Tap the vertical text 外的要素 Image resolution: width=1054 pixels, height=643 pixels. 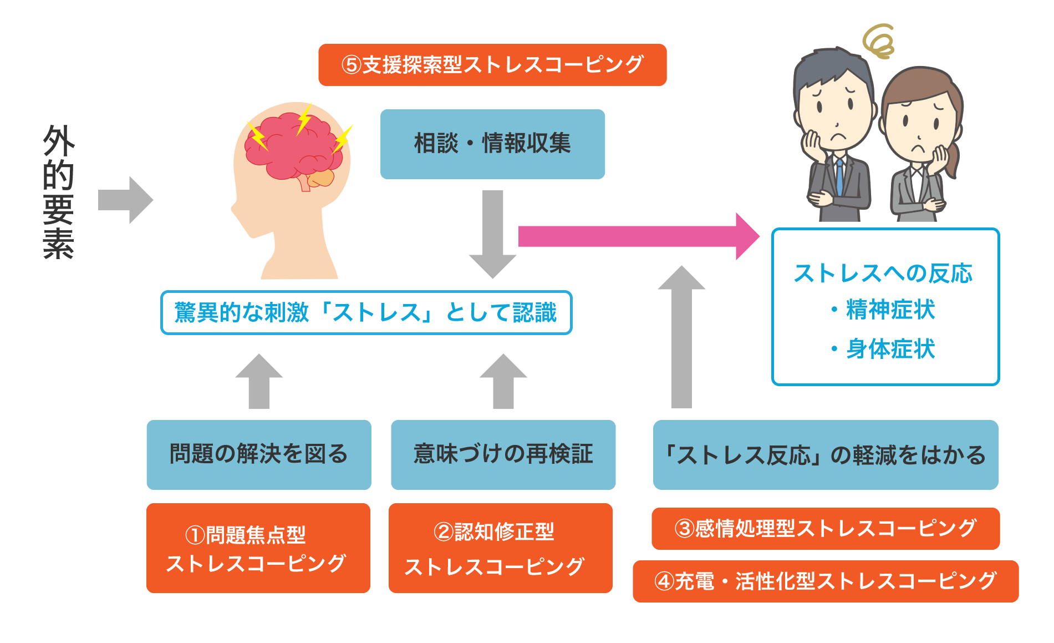(x=58, y=191)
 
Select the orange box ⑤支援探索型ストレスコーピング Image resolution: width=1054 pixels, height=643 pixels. (x=492, y=65)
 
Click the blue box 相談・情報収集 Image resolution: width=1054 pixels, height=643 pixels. (x=492, y=144)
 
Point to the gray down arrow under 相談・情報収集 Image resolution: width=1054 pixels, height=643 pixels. (x=492, y=233)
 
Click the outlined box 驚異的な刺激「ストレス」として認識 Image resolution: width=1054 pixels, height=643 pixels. (x=366, y=312)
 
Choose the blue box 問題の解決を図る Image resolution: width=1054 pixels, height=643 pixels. (x=259, y=454)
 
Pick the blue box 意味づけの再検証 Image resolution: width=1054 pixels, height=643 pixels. (x=503, y=454)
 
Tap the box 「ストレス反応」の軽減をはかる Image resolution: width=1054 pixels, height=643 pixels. (x=825, y=454)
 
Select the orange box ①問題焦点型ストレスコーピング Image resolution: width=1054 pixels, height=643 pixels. (x=258, y=548)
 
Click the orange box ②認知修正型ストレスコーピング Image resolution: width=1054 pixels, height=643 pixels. (x=500, y=548)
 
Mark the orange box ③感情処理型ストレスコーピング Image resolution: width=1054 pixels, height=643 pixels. (x=825, y=528)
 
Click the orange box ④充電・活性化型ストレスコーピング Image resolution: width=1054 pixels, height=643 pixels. (x=825, y=581)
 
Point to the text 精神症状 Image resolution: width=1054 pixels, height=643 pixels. (x=890, y=310)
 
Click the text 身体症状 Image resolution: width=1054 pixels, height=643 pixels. (x=890, y=349)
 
